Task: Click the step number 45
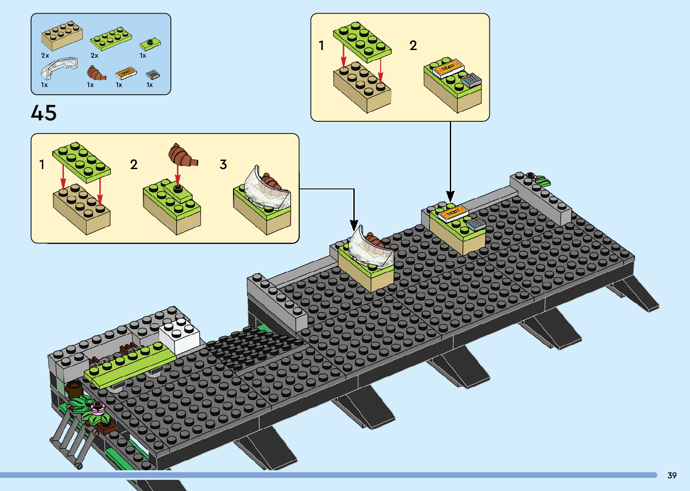44,113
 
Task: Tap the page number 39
672,475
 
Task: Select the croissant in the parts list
96,73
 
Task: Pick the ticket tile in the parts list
126,72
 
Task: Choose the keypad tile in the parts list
153,74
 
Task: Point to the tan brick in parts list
62,36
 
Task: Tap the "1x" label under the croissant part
90,85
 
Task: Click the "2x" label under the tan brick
45,55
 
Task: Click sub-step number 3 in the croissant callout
223,165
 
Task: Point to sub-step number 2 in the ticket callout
413,46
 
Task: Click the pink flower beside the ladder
97,408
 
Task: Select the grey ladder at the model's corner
72,440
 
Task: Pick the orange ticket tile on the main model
452,212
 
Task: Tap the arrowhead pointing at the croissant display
354,225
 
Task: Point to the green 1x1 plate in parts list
150,44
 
